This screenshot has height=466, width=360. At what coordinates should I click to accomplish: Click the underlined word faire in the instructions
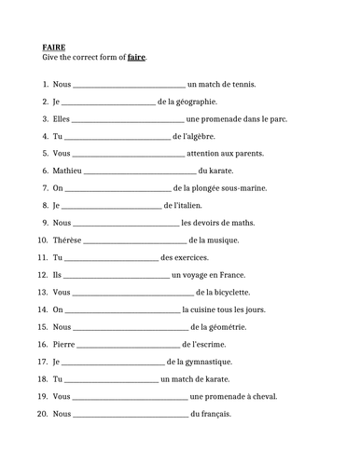(136, 58)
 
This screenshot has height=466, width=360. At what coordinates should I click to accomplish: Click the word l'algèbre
(204, 136)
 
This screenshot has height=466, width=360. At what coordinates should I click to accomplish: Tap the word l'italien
(199, 205)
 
